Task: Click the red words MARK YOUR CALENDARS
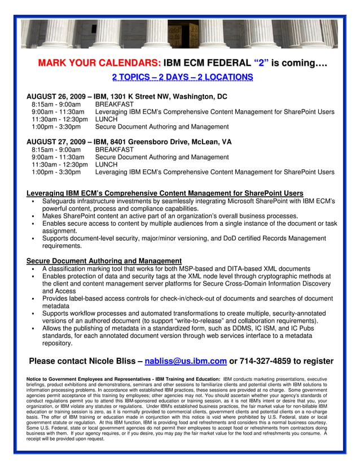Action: point(99,63)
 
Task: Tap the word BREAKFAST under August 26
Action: point(115,104)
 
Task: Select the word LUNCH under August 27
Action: point(106,164)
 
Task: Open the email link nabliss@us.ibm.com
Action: point(186,361)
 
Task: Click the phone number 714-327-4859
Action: point(268,361)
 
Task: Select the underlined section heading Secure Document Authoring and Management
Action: point(104,261)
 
